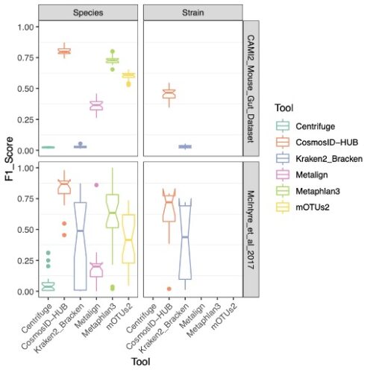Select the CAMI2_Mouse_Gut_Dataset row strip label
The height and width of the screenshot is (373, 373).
pos(251,90)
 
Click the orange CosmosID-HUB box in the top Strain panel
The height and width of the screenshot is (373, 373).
pos(169,93)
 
